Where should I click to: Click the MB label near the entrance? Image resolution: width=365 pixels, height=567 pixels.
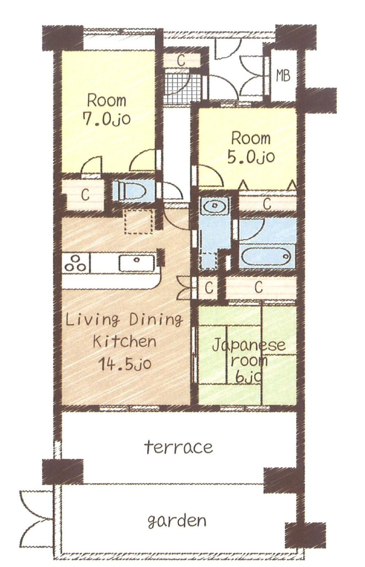click(x=283, y=76)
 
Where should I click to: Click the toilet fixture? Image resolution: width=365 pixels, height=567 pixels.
click(x=130, y=190)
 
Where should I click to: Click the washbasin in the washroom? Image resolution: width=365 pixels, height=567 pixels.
click(x=215, y=206)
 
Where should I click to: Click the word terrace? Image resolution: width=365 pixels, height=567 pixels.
click(x=178, y=447)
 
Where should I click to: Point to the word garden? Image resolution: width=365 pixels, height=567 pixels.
click(x=177, y=521)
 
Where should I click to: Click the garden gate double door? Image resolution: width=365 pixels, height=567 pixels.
click(x=36, y=518)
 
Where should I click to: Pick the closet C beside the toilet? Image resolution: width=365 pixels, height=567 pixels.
click(x=85, y=195)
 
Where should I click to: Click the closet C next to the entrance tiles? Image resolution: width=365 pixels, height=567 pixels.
click(x=181, y=60)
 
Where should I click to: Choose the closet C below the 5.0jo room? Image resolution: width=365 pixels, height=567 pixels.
click(x=267, y=204)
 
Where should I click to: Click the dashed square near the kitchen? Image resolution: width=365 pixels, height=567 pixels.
click(x=138, y=222)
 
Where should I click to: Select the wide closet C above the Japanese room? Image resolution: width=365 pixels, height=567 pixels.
click(x=259, y=288)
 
